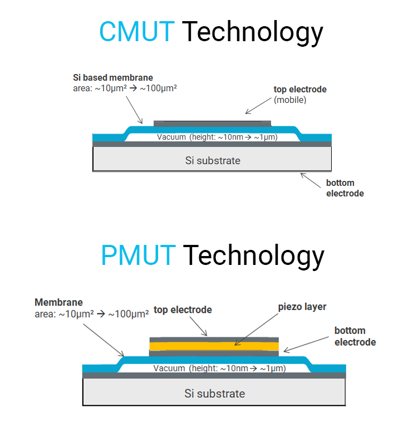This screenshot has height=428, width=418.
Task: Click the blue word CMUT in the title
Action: pos(136,32)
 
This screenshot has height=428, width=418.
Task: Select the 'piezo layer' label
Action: pos(302,307)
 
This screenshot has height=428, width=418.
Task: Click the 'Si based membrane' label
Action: pos(113,77)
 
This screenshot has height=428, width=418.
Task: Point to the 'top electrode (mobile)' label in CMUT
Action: pos(299,94)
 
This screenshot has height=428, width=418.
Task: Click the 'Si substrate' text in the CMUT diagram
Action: pos(213,160)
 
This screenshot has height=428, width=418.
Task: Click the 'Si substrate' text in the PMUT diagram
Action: pos(214,393)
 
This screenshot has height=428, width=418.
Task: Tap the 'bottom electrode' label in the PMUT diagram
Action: pos(355,336)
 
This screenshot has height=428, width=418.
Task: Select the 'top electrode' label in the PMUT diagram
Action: pos(183,309)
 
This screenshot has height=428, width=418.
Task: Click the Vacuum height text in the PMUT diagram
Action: pos(219,368)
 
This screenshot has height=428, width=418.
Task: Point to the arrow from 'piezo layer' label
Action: pos(257,328)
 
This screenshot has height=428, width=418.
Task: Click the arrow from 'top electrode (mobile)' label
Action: pos(259,105)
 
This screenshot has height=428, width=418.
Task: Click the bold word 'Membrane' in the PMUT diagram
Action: pos(58,302)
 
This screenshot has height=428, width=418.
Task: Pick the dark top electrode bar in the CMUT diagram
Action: pos(212,122)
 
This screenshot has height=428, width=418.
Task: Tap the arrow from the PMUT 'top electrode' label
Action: pos(198,326)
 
